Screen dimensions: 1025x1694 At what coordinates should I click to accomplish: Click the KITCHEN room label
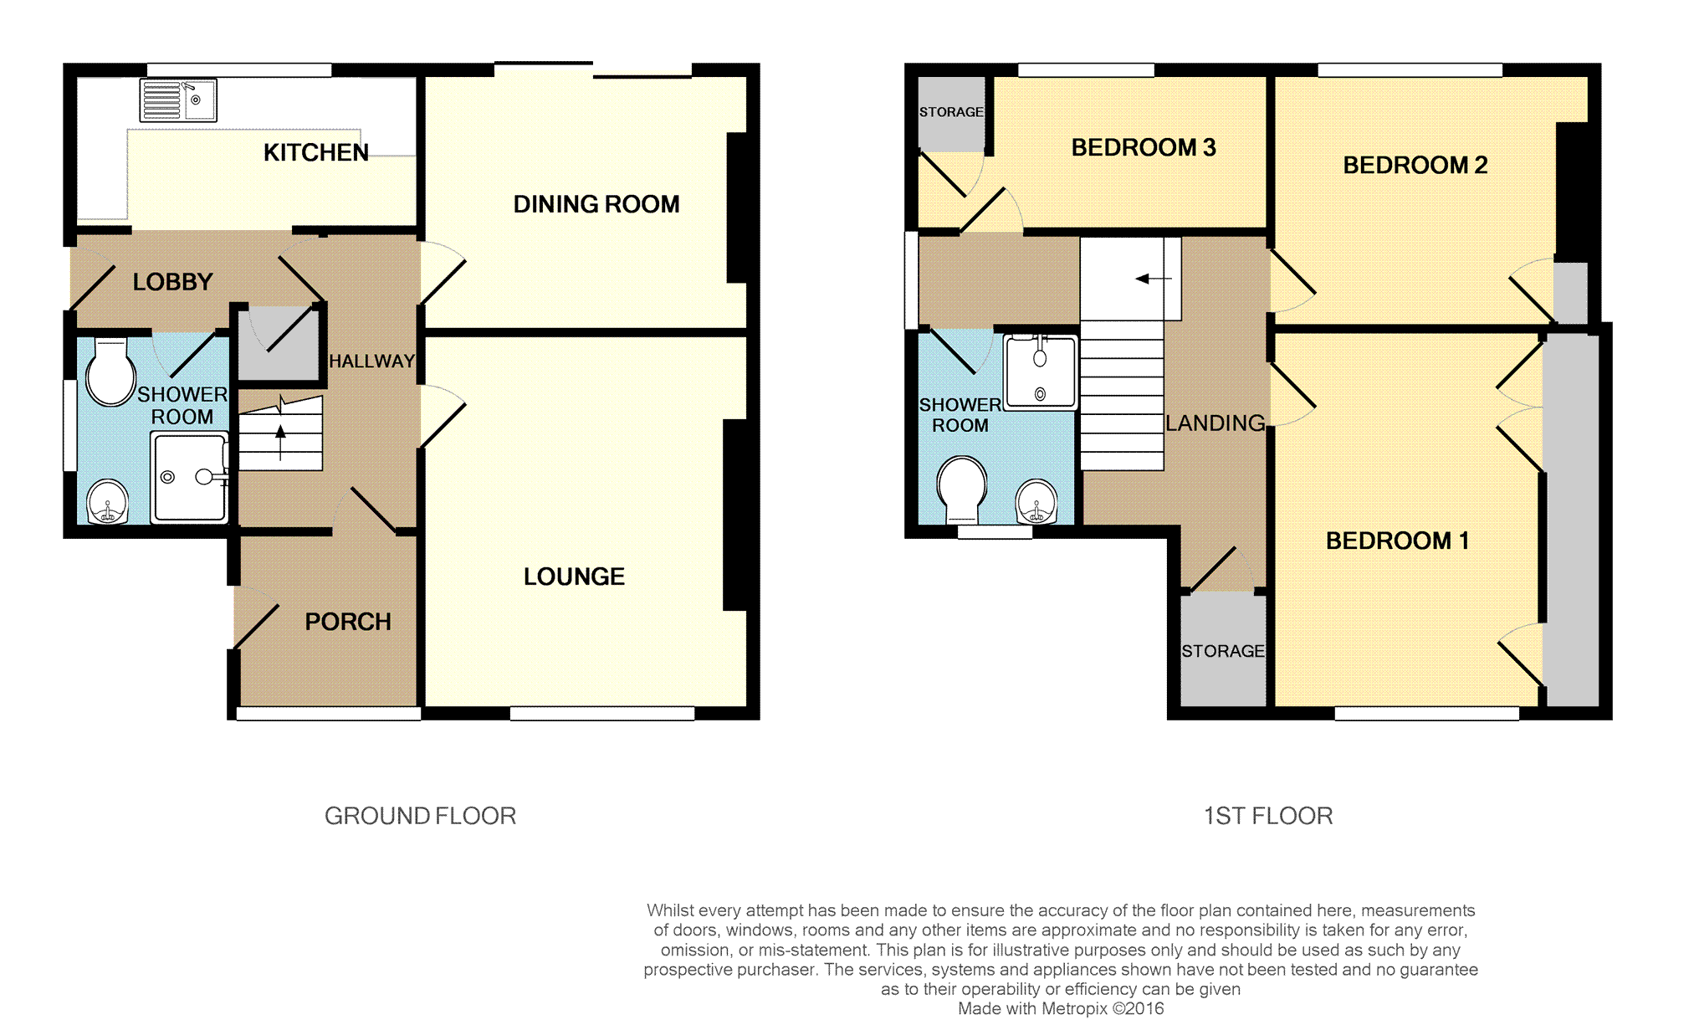[x=315, y=152]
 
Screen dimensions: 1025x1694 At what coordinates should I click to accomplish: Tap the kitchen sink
[x=178, y=100]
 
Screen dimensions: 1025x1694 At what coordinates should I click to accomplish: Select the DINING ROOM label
[x=596, y=204]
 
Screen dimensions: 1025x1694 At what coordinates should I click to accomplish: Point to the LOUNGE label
[x=574, y=577]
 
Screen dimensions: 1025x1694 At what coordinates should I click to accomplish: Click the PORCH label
[x=348, y=622]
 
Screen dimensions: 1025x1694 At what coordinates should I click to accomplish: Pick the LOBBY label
[x=172, y=282]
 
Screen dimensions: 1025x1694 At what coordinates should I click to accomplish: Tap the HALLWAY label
[x=371, y=361]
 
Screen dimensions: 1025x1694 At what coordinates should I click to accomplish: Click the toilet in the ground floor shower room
[x=110, y=372]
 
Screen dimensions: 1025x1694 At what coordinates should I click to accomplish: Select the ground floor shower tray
[x=189, y=478]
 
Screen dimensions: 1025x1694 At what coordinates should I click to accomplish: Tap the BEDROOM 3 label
[x=1143, y=148]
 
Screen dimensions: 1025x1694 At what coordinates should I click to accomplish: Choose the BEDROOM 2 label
[x=1415, y=166]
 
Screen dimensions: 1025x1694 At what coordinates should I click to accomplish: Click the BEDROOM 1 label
[x=1397, y=541]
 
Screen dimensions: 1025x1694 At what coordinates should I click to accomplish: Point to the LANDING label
[x=1215, y=423]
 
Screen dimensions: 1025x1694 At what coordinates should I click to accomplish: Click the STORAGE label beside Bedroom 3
[x=951, y=112]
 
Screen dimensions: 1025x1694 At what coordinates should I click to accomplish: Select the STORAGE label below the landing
[x=1222, y=651]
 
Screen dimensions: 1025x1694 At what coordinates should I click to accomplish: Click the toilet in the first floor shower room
[x=961, y=488]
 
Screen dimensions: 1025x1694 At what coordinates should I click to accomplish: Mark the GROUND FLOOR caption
[x=420, y=816]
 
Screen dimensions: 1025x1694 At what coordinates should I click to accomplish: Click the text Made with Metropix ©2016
[x=1060, y=1009]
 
